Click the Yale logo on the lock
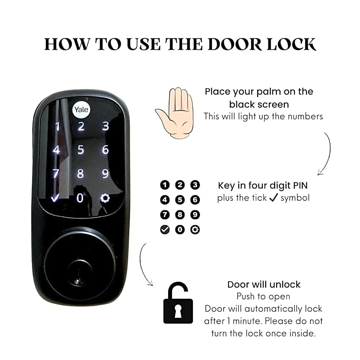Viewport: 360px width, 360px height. pos(81,110)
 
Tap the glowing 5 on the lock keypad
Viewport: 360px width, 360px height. pos(80,150)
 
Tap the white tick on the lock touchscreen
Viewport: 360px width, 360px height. pos(55,197)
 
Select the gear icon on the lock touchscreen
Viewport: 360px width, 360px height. pos(105,198)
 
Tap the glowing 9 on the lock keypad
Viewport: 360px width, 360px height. pos(105,174)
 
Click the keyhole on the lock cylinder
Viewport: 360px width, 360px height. pos(79,281)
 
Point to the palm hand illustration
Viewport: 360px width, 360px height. pos(175,113)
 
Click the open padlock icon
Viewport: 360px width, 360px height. pos(178,303)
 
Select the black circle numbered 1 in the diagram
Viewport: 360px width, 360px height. pos(165,185)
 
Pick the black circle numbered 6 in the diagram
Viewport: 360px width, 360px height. pos(195,200)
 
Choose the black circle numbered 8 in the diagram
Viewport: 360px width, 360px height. pos(180,215)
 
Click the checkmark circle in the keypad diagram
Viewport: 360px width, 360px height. pos(165,229)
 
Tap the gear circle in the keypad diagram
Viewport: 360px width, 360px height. pos(195,229)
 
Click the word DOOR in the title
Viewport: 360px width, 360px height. pos(235,44)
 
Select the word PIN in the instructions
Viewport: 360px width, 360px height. pos(300,185)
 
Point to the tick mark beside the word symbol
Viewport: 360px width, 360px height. pos(273,197)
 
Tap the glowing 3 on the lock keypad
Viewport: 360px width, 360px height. pos(105,126)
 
